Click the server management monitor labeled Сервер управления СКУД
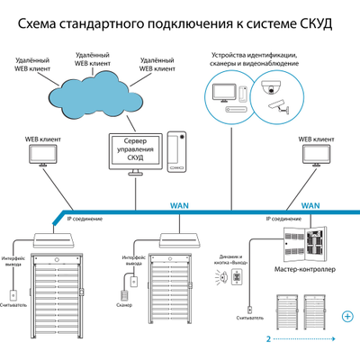(137, 151)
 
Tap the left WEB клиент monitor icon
(43, 156)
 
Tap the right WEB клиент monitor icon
(315, 156)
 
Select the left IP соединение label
(84, 219)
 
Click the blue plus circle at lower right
(347, 315)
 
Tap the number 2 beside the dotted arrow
(268, 340)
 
